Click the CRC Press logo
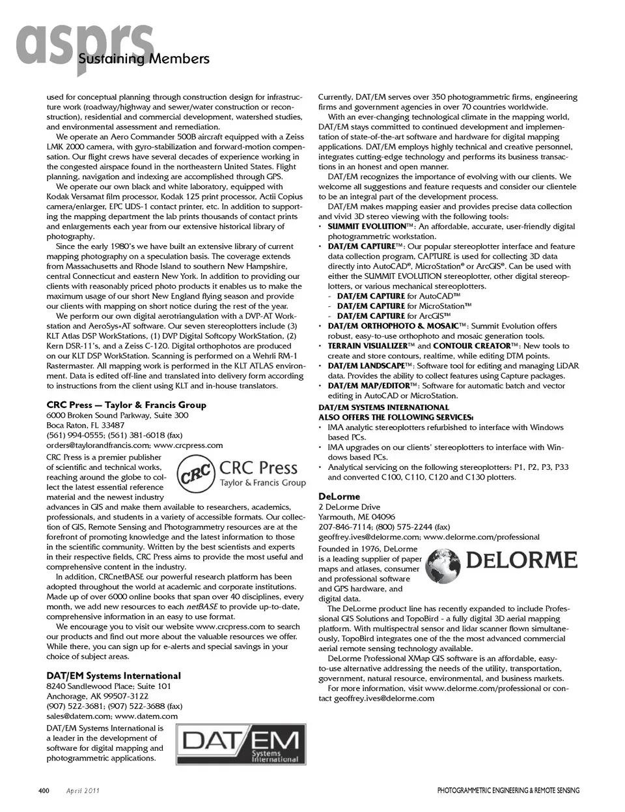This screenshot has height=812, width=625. (x=242, y=474)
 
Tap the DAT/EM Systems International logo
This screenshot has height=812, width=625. (x=242, y=746)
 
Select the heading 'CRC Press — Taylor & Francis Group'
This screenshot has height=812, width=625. (x=126, y=405)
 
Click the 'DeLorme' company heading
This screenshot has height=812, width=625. (x=339, y=497)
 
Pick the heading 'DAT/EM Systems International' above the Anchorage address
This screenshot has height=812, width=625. (x=113, y=676)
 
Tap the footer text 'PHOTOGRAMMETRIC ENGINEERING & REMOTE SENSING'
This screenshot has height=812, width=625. (x=508, y=791)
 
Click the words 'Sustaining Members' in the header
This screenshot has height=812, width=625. (x=143, y=59)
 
